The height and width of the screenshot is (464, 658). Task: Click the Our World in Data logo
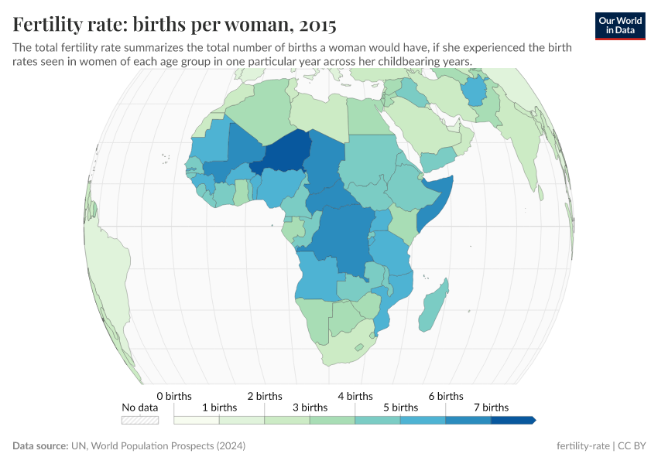[x=620, y=26]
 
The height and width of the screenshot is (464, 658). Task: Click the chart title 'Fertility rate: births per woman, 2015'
[x=174, y=25]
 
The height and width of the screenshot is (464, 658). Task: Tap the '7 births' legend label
[x=491, y=407]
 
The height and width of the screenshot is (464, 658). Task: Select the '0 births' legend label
[x=173, y=396]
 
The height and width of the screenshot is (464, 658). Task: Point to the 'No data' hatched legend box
[x=140, y=420]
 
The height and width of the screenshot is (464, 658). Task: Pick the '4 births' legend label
[x=355, y=396]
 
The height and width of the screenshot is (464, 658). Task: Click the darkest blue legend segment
[x=512, y=420]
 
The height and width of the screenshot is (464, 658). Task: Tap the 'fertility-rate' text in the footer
[x=584, y=446]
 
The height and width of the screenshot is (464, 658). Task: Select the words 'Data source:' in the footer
[x=39, y=446]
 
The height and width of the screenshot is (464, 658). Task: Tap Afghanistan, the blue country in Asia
[x=473, y=91]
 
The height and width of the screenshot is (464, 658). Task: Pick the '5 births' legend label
[x=400, y=407]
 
